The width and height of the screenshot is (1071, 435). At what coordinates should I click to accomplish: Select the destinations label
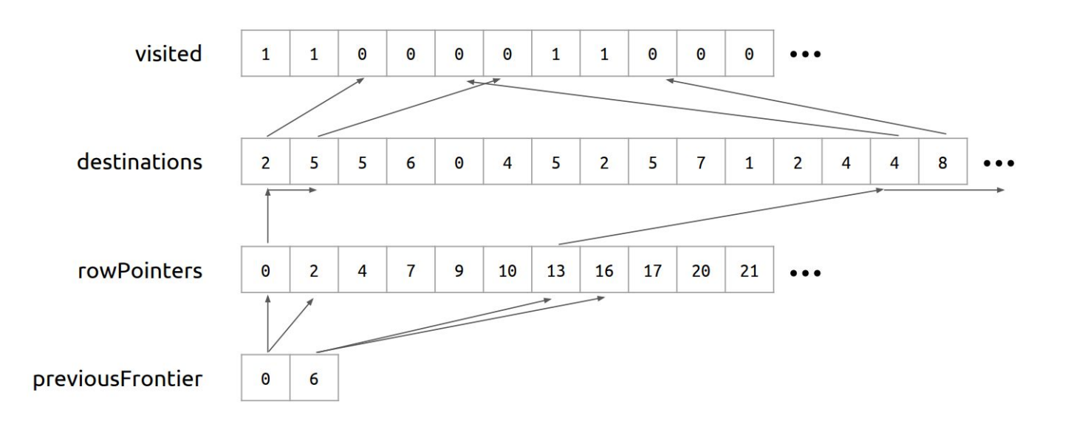tap(140, 162)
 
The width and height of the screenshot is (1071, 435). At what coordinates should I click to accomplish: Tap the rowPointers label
tap(139, 271)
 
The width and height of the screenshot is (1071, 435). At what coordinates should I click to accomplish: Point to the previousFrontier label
tap(117, 380)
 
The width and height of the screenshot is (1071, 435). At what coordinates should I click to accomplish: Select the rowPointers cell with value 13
tap(556, 271)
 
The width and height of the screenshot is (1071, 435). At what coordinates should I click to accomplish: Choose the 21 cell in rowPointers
tap(750, 271)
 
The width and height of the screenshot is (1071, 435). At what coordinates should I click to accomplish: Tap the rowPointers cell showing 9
tap(459, 271)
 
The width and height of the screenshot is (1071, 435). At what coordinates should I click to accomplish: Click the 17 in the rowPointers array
tap(653, 271)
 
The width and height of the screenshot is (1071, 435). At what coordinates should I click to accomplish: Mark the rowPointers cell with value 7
tap(411, 271)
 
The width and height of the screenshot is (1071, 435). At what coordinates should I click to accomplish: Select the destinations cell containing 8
tap(942, 162)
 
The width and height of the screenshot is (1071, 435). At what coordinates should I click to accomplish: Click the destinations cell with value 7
tap(701, 162)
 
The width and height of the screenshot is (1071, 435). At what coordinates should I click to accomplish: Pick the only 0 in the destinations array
tap(459, 162)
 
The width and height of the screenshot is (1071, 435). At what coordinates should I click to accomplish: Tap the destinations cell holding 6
tap(411, 162)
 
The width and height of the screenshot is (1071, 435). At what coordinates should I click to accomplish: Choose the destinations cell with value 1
tap(750, 162)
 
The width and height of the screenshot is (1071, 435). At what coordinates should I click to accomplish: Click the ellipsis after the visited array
tap(805, 55)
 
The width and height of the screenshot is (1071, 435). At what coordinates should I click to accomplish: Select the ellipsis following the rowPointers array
tap(805, 273)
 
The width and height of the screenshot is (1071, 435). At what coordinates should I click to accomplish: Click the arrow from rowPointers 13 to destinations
tap(720, 217)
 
